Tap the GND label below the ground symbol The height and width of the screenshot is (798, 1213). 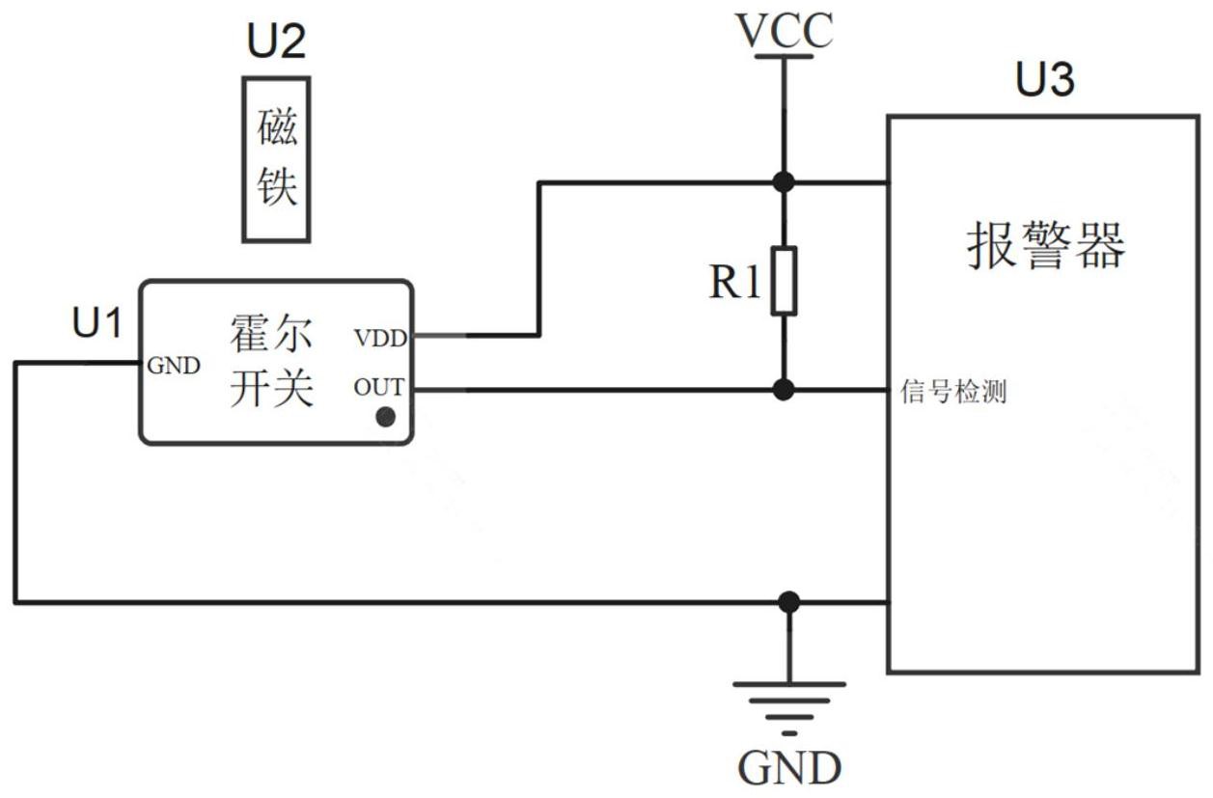click(x=789, y=768)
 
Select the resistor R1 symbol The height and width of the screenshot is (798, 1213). click(x=785, y=281)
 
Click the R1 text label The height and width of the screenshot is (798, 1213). click(x=735, y=283)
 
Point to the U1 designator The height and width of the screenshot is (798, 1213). click(x=97, y=324)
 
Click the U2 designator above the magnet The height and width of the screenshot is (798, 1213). click(x=275, y=42)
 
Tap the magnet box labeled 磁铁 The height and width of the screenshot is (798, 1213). click(x=276, y=159)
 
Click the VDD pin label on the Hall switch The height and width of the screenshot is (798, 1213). click(x=380, y=339)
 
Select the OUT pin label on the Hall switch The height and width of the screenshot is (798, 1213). click(x=378, y=388)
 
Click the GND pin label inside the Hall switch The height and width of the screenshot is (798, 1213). click(x=174, y=366)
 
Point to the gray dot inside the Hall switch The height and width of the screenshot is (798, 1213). click(x=386, y=417)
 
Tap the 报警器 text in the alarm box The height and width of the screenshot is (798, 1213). click(x=1045, y=246)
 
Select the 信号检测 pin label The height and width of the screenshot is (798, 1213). click(x=953, y=393)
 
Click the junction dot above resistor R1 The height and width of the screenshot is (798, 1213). click(x=785, y=181)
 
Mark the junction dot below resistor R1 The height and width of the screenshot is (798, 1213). click(x=785, y=390)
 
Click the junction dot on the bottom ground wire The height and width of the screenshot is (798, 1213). click(x=789, y=603)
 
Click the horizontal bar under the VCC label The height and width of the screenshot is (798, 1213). click(x=784, y=57)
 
